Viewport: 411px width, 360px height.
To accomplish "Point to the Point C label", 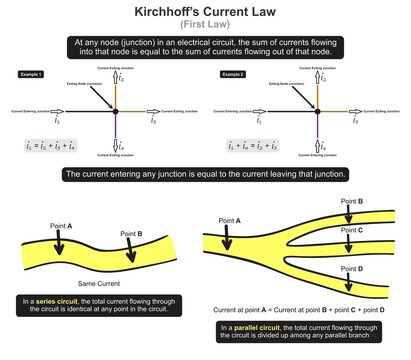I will (356, 228).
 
